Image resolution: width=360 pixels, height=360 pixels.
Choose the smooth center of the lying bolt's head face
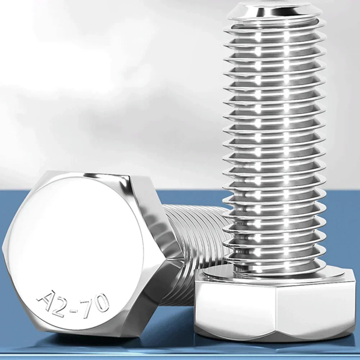coord(76,245)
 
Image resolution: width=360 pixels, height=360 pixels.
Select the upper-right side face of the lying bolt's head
coord(151,212)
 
